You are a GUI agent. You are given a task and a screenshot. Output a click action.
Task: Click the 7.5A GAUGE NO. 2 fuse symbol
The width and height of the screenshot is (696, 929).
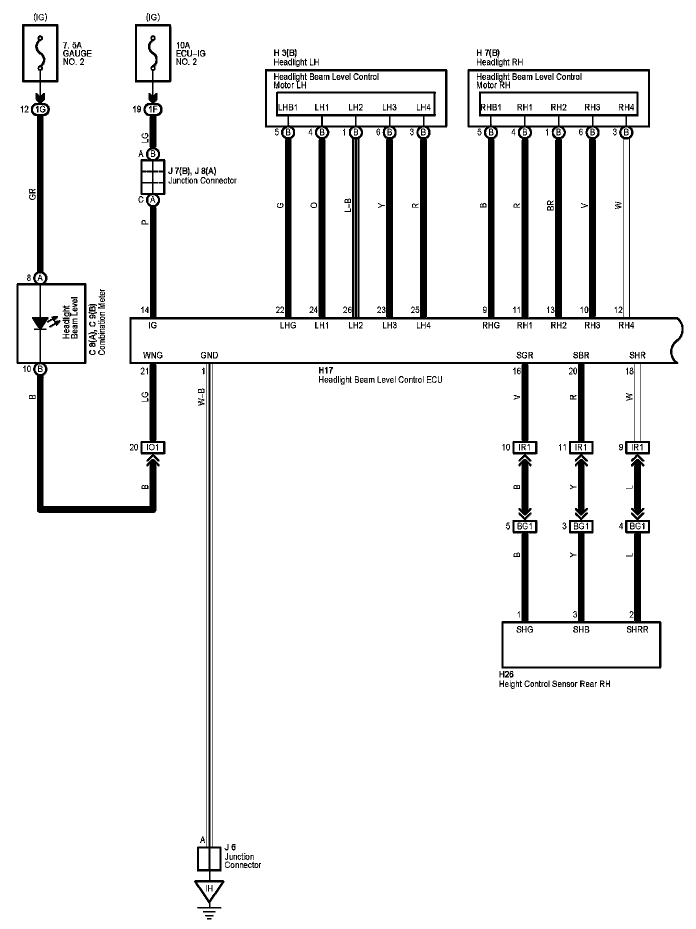40,53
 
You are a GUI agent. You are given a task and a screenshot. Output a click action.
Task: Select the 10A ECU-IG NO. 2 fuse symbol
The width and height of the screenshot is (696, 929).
153,53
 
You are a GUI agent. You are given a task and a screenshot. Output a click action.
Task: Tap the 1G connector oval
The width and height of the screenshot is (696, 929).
40,109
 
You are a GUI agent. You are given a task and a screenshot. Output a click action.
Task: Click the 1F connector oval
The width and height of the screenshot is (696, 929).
153,109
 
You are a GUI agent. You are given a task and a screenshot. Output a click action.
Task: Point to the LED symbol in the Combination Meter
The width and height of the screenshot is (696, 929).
40,323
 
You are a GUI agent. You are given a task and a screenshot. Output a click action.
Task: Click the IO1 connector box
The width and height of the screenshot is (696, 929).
153,447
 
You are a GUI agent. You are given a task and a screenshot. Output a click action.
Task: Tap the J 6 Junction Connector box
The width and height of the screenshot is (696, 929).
209,859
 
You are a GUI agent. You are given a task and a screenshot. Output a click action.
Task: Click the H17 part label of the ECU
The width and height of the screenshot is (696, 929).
325,370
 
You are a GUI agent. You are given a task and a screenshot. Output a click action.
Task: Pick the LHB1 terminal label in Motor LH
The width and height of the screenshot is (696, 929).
287,107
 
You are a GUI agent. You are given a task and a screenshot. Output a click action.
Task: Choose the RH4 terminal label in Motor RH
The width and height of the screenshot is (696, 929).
626,107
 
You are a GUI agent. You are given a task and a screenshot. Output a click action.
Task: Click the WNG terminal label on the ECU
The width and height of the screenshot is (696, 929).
153,355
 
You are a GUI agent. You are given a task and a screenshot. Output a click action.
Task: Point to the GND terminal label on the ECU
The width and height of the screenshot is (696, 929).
209,355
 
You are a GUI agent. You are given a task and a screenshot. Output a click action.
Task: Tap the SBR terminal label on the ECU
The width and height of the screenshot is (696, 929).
581,355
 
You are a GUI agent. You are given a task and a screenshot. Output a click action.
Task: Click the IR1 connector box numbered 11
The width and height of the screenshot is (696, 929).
581,447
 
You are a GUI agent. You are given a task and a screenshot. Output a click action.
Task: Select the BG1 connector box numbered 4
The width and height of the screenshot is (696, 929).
637,526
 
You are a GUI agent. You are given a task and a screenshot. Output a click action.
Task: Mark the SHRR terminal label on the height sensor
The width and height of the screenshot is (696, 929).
637,629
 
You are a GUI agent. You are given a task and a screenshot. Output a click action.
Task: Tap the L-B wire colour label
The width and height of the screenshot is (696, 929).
348,205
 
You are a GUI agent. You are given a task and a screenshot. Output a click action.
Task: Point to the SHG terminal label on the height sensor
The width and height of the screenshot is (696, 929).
524,629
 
